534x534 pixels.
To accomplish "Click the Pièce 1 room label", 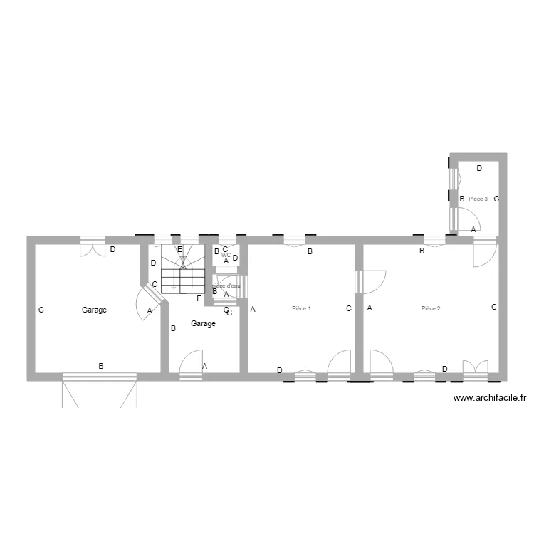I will [302, 309].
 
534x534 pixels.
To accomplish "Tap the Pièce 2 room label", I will [431, 309].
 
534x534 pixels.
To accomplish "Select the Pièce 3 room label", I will [478, 199].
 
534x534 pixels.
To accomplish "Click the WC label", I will [226, 255].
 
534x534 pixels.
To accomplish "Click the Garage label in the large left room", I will [94, 310].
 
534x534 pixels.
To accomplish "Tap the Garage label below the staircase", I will [203, 324].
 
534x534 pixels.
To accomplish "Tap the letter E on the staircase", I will [179, 249].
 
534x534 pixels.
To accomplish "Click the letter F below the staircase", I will [199, 298].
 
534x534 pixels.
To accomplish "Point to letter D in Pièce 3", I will [479, 169].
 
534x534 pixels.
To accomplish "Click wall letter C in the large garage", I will [41, 310].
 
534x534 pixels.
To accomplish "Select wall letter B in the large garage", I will [101, 366].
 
